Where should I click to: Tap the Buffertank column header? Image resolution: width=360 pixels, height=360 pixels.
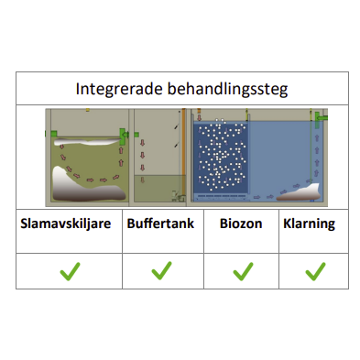click(x=161, y=223)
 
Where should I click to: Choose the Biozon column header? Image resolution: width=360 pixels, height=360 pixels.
click(x=241, y=223)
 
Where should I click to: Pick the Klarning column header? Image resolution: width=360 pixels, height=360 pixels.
click(x=310, y=223)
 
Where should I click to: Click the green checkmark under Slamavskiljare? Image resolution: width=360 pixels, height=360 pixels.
click(x=69, y=271)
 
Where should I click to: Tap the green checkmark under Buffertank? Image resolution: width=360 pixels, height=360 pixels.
click(x=162, y=271)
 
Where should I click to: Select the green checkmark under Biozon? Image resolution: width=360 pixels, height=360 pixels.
click(x=242, y=271)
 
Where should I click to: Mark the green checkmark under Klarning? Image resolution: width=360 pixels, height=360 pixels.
click(x=315, y=271)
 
